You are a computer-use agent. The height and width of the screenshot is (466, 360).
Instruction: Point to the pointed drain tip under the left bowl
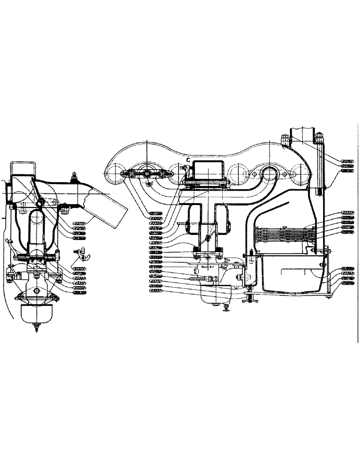36,332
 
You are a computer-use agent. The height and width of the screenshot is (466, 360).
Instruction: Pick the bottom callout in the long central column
156,291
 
